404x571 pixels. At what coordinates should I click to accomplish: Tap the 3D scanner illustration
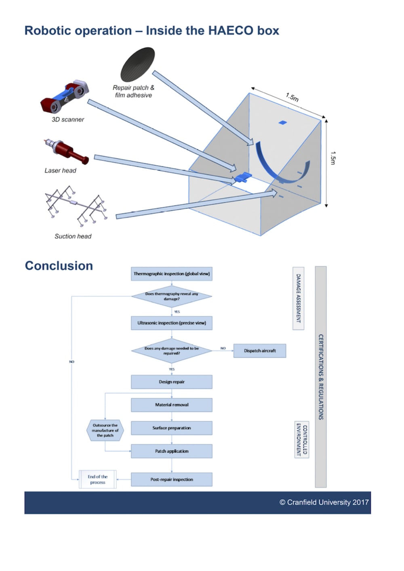tap(65, 97)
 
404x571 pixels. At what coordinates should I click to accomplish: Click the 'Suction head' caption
tap(73, 236)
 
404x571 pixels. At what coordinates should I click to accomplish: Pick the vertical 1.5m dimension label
tap(333, 158)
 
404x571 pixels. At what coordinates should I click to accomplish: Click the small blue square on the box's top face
tap(283, 122)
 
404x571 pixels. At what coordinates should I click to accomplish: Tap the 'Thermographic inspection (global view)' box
tap(172, 274)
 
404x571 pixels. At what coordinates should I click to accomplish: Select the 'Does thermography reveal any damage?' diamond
tap(172, 296)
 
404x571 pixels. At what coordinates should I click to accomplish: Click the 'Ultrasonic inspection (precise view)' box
tap(172, 323)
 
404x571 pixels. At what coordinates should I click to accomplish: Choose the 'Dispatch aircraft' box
tap(260, 351)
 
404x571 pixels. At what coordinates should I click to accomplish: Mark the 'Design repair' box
tap(172, 382)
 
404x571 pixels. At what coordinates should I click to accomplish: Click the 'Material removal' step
tap(172, 405)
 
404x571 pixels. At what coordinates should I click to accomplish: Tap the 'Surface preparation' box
tap(172, 428)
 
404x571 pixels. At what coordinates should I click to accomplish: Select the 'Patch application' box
tap(172, 451)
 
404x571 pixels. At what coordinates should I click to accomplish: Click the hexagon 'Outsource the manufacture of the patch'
tap(105, 430)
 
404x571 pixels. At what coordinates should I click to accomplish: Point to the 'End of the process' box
tap(98, 479)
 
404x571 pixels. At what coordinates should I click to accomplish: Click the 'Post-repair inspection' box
tap(172, 480)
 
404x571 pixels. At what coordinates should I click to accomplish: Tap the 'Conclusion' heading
tap(59, 266)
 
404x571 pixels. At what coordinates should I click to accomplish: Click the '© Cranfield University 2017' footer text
tap(324, 502)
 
